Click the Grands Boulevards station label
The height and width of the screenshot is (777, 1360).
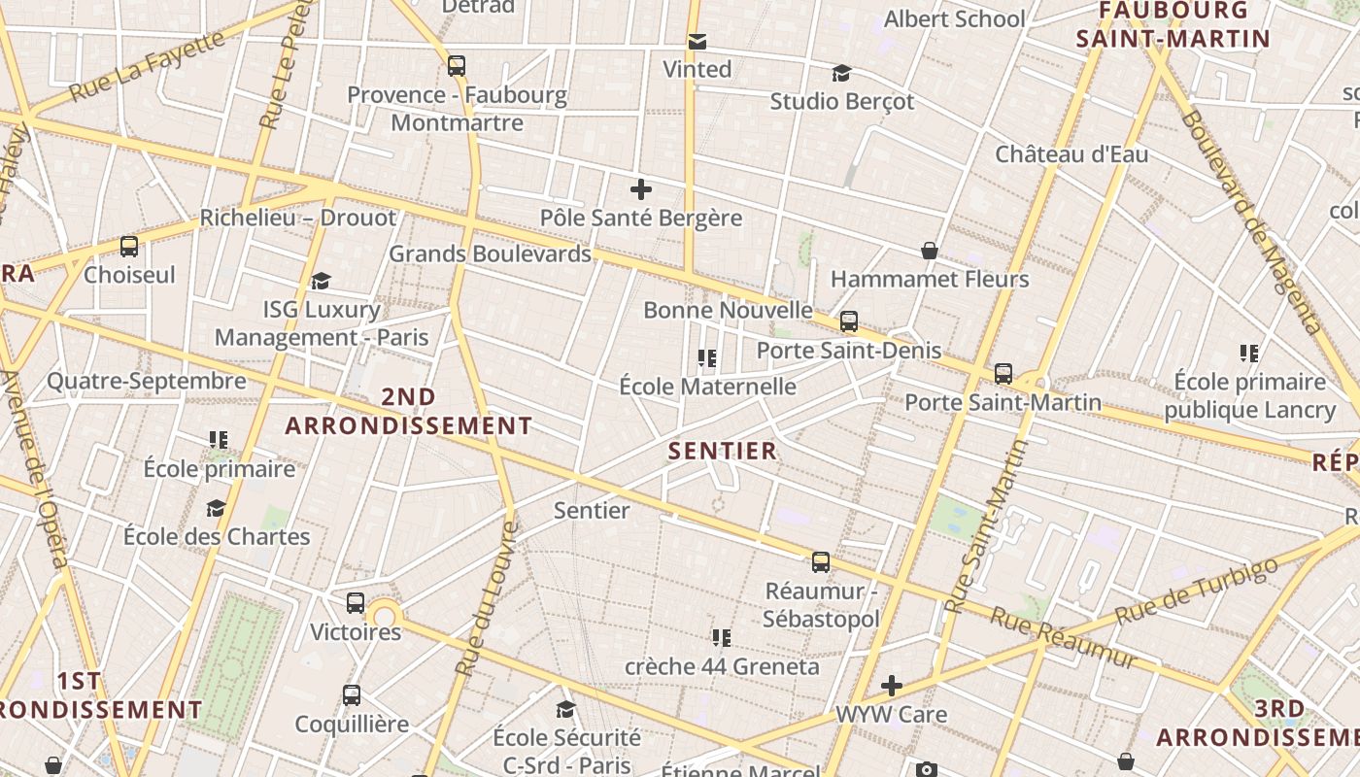coord(490,254)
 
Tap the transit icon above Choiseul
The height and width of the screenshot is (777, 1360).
coord(129,247)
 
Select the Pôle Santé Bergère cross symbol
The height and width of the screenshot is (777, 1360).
coord(641,189)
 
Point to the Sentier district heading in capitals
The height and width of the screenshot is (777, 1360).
coord(723,451)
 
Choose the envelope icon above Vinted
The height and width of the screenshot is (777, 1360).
coord(697,42)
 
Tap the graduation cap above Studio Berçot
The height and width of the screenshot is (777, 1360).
coord(841,73)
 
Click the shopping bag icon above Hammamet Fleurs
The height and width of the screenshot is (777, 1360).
coord(930,251)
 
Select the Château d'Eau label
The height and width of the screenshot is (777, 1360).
coord(1071,154)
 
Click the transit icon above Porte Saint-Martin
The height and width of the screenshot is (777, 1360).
coord(1003,374)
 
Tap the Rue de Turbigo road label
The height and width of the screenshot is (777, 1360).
coord(1195,592)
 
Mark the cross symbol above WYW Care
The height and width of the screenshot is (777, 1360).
coord(892,686)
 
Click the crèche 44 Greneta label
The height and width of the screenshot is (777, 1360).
coord(722,667)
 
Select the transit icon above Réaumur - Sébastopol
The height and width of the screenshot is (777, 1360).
coord(821,562)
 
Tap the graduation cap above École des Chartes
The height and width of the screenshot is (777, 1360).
coord(216,508)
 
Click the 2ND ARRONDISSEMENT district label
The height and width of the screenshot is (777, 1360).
coord(409,411)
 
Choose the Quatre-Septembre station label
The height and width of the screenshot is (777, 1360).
coord(147,381)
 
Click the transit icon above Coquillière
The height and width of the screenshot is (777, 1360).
coord(352,695)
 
